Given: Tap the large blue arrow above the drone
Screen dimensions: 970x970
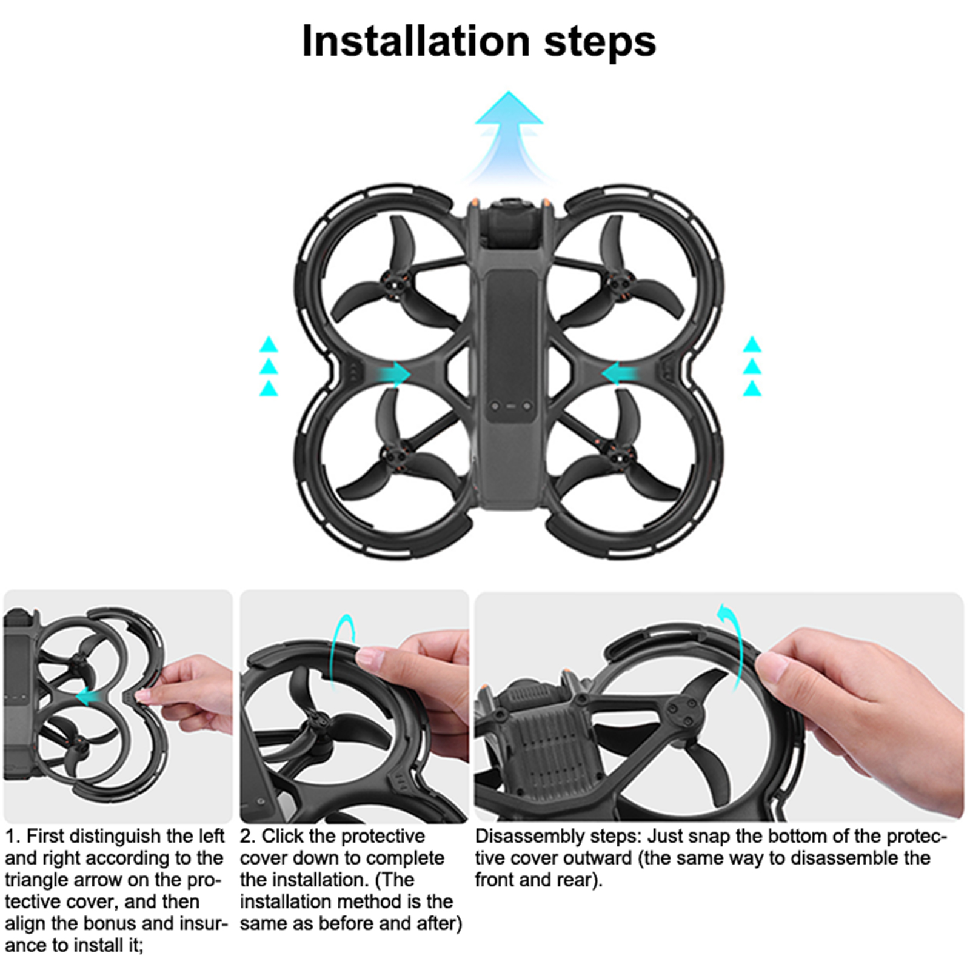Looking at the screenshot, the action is tap(509, 136).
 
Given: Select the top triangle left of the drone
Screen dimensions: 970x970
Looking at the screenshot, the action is tap(269, 344).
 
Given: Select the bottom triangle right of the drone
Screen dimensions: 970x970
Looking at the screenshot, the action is tap(752, 388).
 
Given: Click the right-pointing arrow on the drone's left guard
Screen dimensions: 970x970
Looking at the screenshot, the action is tap(394, 374).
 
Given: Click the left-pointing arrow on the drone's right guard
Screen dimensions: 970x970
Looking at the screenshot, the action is tap(619, 374).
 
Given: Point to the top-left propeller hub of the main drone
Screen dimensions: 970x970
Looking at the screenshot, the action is tap(395, 281).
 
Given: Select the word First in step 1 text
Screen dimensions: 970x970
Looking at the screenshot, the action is tap(46, 836).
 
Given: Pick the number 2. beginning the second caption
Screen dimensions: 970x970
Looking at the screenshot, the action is tap(247, 836).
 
